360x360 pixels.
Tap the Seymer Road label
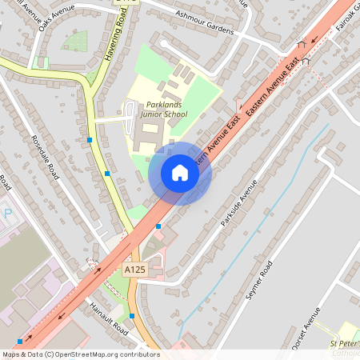tap(261, 280)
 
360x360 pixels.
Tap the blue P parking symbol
tap(8, 214)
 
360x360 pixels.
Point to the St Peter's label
tap(345, 343)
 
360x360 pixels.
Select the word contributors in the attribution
tap(140, 354)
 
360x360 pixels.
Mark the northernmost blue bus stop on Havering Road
tap(89, 139)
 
